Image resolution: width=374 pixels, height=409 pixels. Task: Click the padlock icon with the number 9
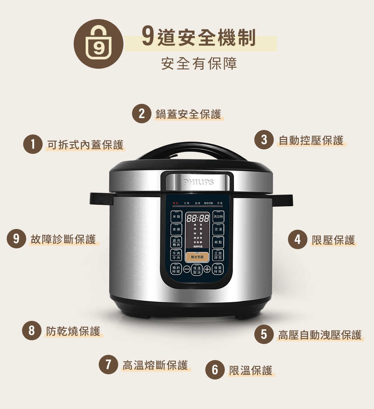coord(98,44)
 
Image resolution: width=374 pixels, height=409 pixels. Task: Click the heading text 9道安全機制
coord(199,38)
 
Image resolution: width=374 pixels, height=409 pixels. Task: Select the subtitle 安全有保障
coord(199,64)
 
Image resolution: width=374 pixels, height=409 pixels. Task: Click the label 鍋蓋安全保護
coord(188,114)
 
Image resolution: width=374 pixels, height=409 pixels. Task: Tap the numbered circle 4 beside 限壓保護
coord(297,240)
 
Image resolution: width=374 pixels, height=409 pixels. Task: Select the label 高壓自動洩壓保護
coord(320,335)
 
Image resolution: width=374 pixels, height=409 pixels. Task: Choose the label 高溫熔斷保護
coord(155,365)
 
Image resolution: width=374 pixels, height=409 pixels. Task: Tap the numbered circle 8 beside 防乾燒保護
coord(31,331)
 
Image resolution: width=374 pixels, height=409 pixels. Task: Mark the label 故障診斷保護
coord(63,239)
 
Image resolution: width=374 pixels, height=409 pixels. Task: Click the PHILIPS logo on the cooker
coord(199,182)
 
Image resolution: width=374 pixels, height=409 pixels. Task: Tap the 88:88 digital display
coord(197,218)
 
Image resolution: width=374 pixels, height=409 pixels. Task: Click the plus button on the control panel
coord(207,270)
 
